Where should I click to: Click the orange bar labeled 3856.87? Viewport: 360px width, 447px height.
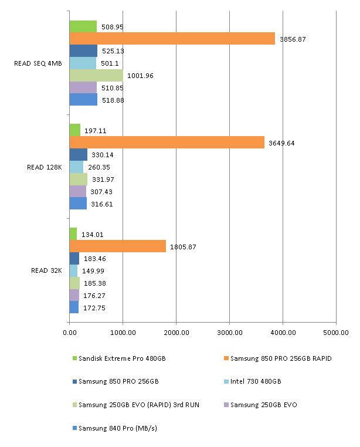pyautogui.click(x=172, y=39)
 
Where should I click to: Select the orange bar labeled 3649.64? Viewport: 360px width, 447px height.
pyautogui.click(x=167, y=143)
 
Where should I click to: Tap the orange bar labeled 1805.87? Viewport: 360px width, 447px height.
pyautogui.click(x=117, y=246)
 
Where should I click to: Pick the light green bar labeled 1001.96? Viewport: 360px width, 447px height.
pyautogui.click(x=96, y=75)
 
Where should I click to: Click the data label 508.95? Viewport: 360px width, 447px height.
pyautogui.click(x=112, y=27)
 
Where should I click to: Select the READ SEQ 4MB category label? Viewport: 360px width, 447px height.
pyautogui.click(x=38, y=63)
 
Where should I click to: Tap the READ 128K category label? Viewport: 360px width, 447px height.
pyautogui.click(x=45, y=167)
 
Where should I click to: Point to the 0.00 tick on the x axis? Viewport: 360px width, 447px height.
pyautogui.click(x=69, y=331)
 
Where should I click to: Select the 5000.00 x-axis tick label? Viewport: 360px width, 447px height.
pyautogui.click(x=336, y=331)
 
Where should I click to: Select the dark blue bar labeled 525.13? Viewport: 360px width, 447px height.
pyautogui.click(x=83, y=51)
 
